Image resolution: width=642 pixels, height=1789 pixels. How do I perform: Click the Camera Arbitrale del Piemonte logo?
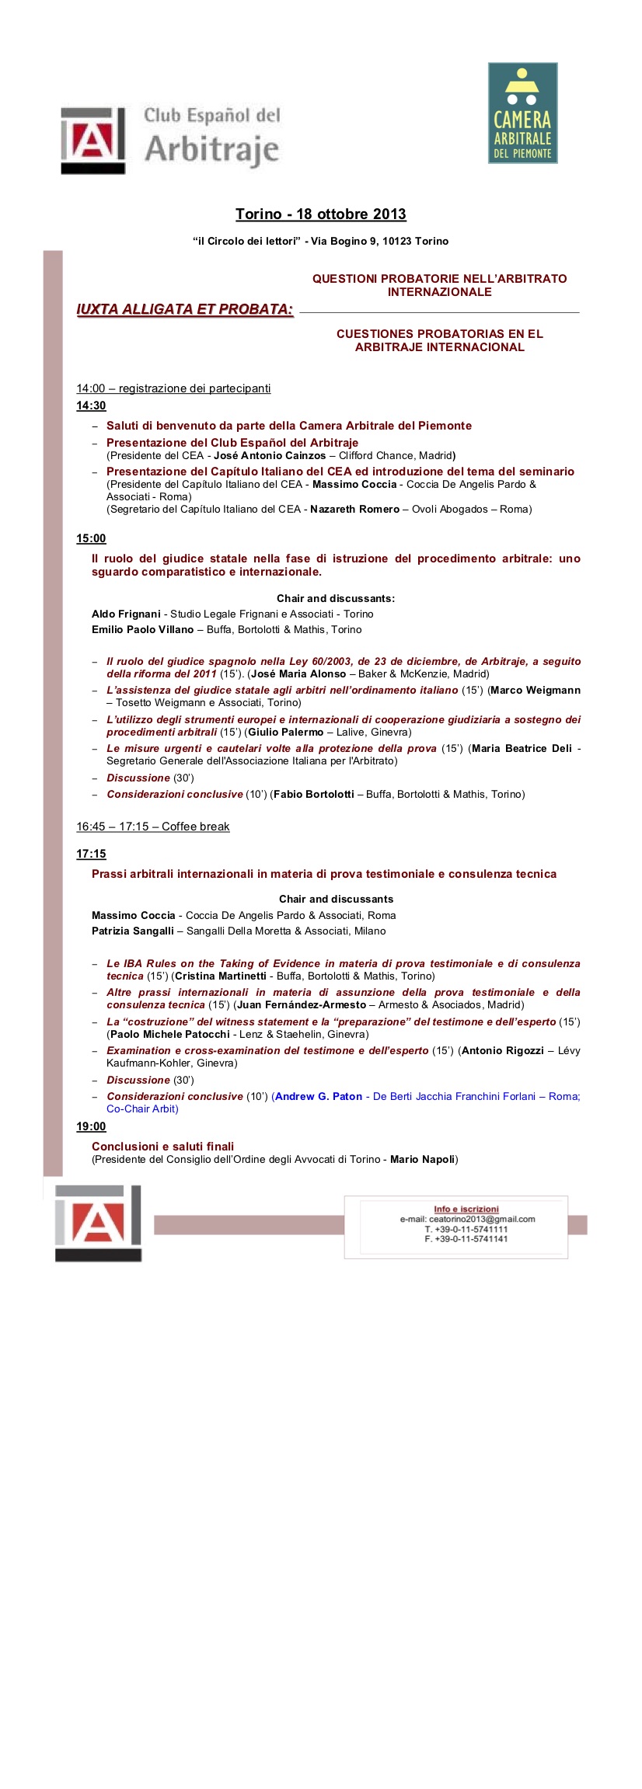pyautogui.click(x=522, y=113)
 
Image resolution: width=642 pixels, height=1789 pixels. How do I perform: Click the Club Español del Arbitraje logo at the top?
pyautogui.click(x=171, y=139)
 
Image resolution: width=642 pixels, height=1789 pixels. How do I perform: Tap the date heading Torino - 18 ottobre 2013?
pyautogui.click(x=320, y=214)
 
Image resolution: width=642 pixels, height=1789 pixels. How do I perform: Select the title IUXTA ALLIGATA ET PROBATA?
pyautogui.click(x=185, y=309)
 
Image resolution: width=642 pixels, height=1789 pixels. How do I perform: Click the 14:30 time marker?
pyautogui.click(x=91, y=406)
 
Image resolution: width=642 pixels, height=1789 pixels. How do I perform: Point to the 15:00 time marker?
pyautogui.click(x=91, y=538)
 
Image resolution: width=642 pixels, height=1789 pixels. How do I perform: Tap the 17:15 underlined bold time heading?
pyautogui.click(x=91, y=854)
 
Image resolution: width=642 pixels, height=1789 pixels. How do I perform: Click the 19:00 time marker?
pyautogui.click(x=91, y=1126)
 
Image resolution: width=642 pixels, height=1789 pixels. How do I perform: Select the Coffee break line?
pyautogui.click(x=153, y=827)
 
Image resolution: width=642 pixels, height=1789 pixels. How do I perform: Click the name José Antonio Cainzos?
pyautogui.click(x=270, y=456)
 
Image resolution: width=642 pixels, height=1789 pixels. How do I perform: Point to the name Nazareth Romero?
pyautogui.click(x=354, y=510)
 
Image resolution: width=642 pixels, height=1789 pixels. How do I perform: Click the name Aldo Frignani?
pyautogui.click(x=126, y=614)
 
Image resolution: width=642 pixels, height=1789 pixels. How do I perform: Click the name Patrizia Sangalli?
pyautogui.click(x=133, y=931)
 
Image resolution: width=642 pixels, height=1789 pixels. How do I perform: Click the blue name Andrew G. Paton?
pyautogui.click(x=319, y=1097)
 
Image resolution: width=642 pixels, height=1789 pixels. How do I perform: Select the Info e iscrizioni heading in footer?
pyautogui.click(x=466, y=1209)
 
